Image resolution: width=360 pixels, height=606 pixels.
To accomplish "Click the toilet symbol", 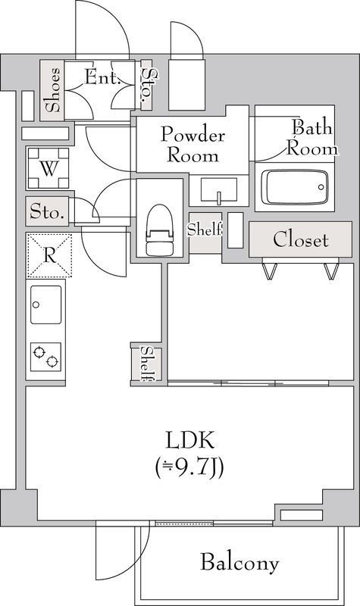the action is point(159,230).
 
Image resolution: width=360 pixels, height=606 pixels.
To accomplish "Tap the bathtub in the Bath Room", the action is point(295,187).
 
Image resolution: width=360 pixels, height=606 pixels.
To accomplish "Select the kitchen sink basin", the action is point(45,305).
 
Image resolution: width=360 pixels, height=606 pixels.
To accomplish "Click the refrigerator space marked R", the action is point(49,255).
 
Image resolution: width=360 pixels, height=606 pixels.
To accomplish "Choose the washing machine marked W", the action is point(49,168).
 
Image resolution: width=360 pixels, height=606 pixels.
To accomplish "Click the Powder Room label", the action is point(193,145).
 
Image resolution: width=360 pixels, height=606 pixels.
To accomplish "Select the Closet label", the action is point(301,239).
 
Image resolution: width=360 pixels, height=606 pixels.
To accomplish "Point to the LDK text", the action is point(190,440).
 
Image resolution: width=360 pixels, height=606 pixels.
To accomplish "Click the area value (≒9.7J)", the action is point(189,468).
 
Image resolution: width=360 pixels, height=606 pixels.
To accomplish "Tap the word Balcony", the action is point(239,562).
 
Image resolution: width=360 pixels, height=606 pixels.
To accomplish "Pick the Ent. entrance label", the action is point(102,78).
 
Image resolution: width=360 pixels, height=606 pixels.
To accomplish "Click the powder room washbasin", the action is point(219,191).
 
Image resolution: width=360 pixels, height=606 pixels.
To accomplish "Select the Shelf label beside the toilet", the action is point(205,230).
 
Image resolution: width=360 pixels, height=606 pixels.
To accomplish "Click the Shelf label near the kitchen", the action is point(149,363).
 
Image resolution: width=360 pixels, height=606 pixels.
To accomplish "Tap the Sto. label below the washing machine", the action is point(47,212).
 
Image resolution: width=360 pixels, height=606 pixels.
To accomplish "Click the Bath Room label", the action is point(312,138).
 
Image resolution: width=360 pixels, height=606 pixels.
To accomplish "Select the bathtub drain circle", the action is point(321,187).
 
